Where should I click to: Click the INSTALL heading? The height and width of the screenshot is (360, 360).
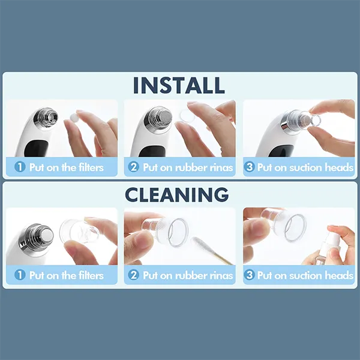tap(179, 86)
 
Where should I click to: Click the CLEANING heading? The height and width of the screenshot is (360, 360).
tap(177, 194)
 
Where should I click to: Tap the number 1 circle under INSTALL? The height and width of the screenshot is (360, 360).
tap(19, 167)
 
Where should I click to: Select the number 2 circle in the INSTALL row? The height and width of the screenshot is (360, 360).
tap(134, 167)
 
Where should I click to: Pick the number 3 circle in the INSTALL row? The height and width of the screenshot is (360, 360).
tap(250, 167)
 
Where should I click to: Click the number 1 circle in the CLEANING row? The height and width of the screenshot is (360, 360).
tap(19, 275)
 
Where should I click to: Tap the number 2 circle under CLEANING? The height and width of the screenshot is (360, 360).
tap(134, 275)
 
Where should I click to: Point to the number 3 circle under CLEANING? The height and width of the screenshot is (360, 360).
tap(250, 275)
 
